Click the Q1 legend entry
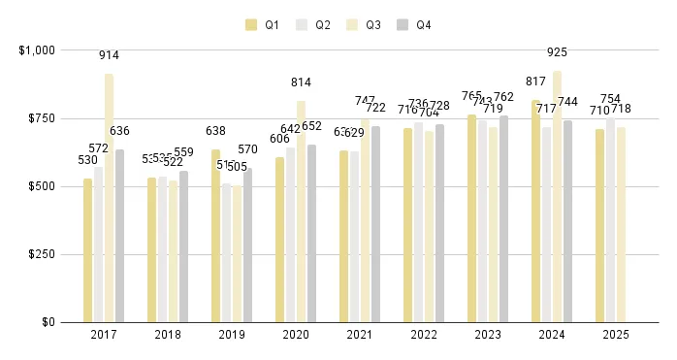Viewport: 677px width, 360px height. tap(263, 25)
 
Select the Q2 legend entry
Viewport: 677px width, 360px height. tap(313, 25)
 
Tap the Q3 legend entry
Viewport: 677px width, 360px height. tap(364, 25)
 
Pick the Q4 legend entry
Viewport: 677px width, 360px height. tap(414, 25)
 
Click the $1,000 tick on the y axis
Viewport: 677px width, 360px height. tap(37, 49)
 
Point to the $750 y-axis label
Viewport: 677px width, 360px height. tap(42, 118)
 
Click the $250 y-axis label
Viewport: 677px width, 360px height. tap(42, 254)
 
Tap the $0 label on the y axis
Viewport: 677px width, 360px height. tap(48, 322)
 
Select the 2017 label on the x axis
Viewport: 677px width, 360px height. tap(104, 335)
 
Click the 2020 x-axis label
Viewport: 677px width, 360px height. tap(296, 335)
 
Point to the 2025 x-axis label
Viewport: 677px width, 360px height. tap(616, 335)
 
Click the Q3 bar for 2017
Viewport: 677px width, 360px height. tap(109, 198)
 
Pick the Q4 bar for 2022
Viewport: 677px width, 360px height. tap(439, 223)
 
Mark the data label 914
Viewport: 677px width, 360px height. tap(109, 55)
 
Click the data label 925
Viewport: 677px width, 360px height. tap(557, 51)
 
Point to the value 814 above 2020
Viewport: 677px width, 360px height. tap(301, 82)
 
